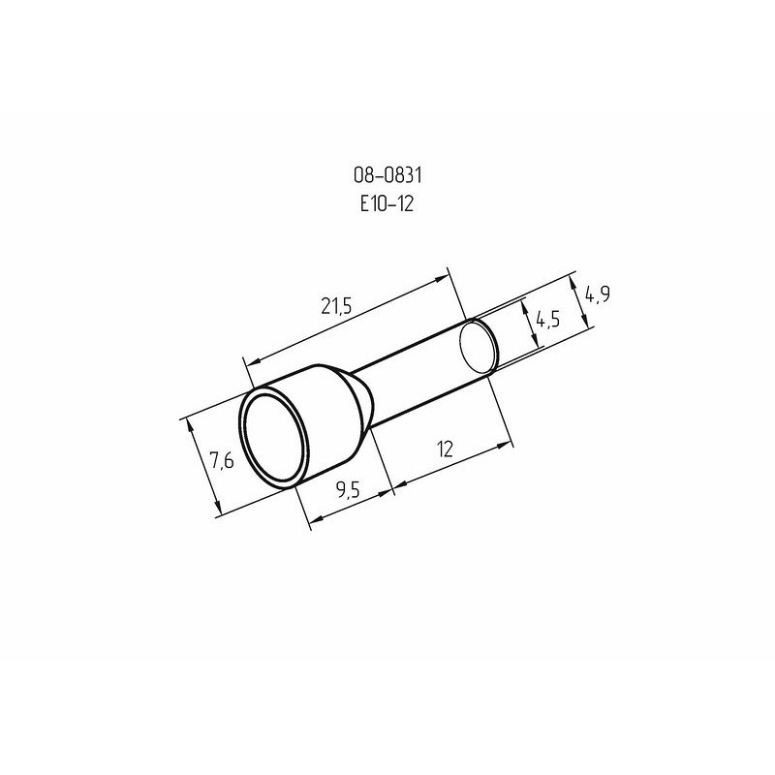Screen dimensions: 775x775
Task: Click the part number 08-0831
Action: [387, 175]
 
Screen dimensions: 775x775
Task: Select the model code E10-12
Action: [387, 203]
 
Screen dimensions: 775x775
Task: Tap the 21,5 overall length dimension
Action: [336, 306]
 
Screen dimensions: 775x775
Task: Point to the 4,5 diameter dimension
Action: [547, 321]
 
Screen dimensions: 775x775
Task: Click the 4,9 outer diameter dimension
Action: [597, 294]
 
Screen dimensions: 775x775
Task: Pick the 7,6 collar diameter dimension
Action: [222, 461]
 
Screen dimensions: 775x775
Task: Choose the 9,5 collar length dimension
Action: [349, 490]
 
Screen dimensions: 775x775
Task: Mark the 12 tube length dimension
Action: [445, 449]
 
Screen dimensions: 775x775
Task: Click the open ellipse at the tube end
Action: [479, 346]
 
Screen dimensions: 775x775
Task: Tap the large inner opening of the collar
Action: [274, 441]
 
